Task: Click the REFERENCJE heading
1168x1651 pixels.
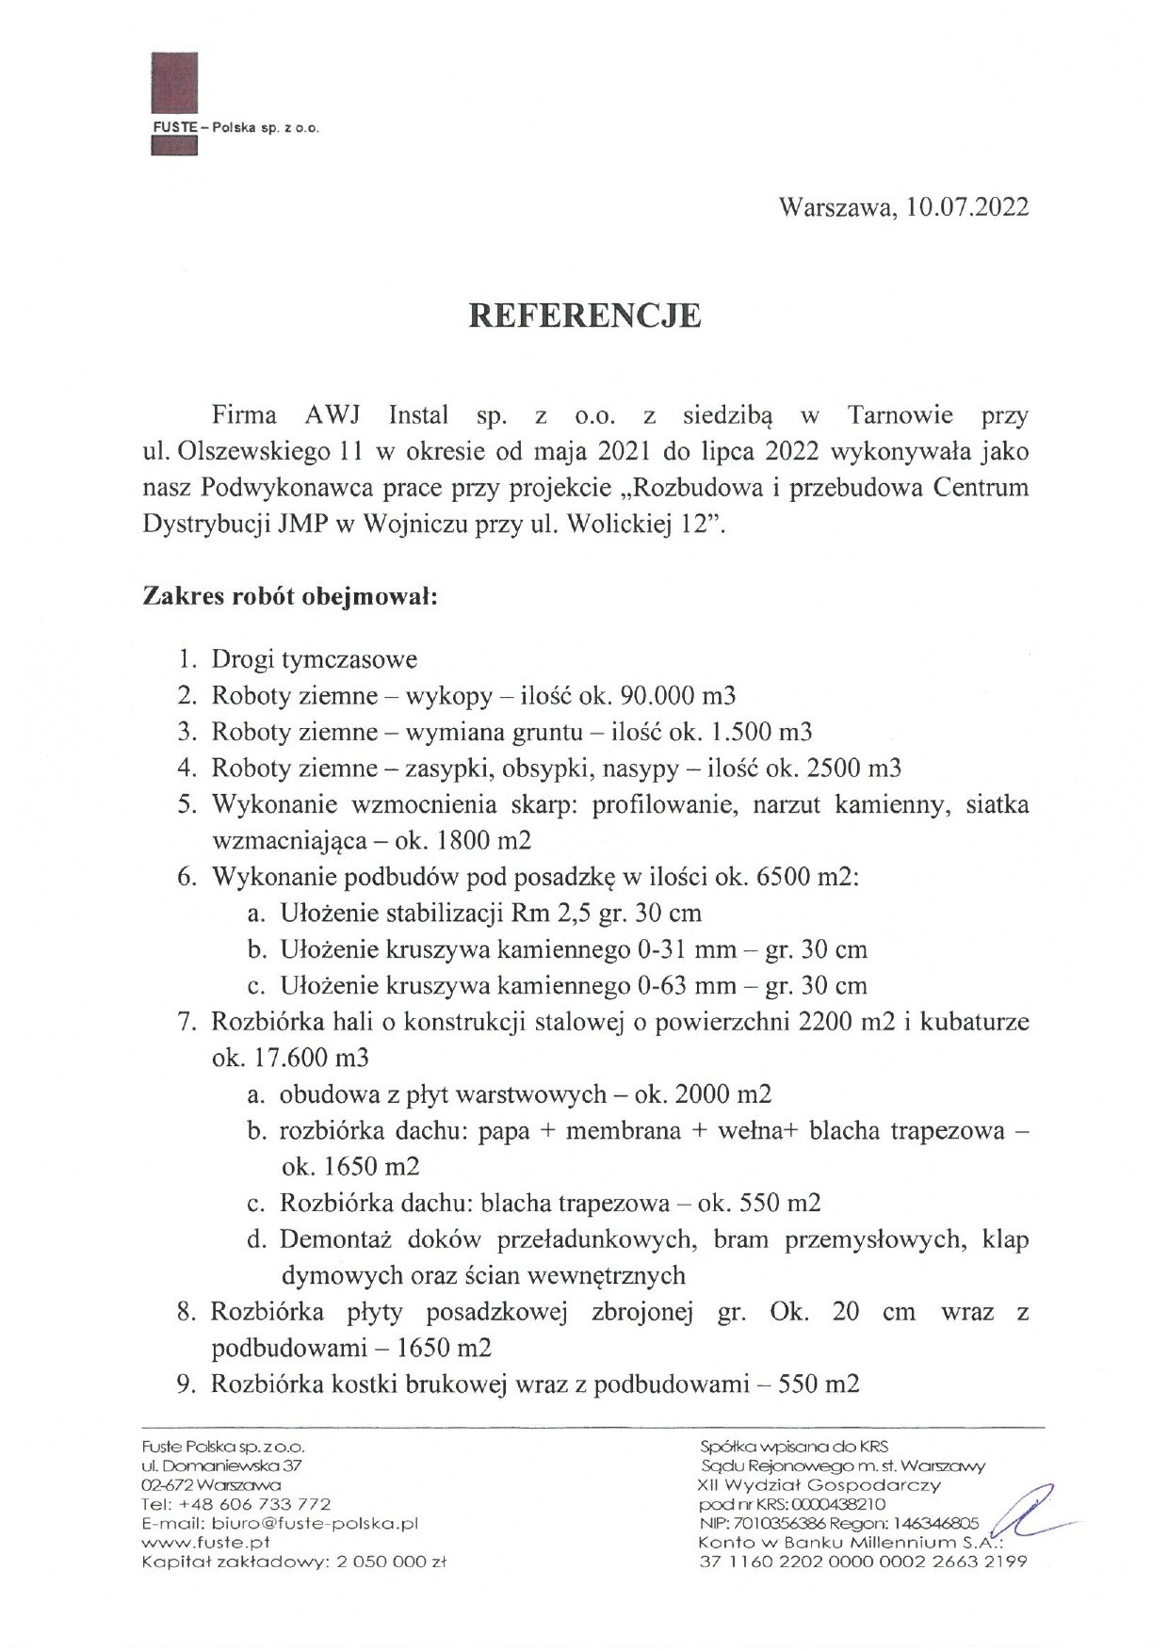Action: click(585, 316)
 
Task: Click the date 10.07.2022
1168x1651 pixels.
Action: click(967, 207)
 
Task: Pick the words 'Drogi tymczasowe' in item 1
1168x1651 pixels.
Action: click(314, 659)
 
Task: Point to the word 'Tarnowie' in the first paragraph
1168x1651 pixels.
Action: click(900, 415)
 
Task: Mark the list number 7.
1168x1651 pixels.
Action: click(185, 1022)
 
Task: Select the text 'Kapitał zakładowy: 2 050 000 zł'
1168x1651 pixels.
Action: click(293, 1561)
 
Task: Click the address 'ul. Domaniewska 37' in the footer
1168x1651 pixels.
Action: click(221, 1465)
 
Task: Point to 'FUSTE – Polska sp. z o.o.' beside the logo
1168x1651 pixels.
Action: click(235, 128)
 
